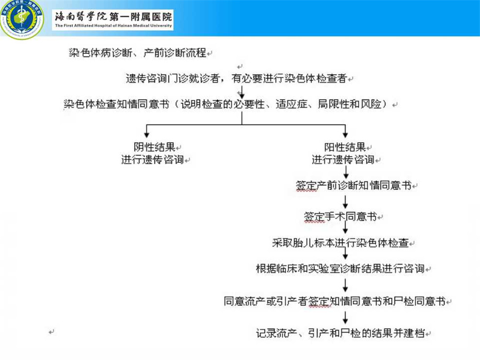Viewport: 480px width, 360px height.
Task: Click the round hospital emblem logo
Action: pyautogui.click(x=22, y=19)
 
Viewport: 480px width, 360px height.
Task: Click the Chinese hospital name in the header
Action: pyautogui.click(x=113, y=16)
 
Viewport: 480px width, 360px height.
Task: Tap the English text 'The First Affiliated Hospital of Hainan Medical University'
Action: pyautogui.click(x=113, y=25)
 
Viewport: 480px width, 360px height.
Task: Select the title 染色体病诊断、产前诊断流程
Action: pyautogui.click(x=138, y=53)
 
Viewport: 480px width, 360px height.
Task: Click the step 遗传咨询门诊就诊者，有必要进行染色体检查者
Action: pyautogui.click(x=236, y=78)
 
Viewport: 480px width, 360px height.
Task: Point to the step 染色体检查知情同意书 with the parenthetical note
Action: pyautogui.click(x=226, y=104)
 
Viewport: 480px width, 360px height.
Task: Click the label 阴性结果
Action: pyautogui.click(x=154, y=147)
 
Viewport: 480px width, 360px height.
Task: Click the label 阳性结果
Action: pyautogui.click(x=345, y=147)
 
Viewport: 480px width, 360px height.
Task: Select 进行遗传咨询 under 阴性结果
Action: pyautogui.click(x=152, y=160)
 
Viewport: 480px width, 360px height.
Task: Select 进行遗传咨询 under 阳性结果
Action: pyautogui.click(x=343, y=160)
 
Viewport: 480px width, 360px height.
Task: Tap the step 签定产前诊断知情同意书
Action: pyautogui.click(x=354, y=185)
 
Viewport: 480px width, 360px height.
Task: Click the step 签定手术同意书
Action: pyautogui.click(x=340, y=216)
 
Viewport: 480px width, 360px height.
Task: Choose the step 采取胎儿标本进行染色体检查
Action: pyautogui.click(x=340, y=243)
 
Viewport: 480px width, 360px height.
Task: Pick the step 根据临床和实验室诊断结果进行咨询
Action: pyautogui.click(x=340, y=268)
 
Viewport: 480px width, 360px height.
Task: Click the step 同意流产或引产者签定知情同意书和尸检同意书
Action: pyautogui.click(x=335, y=301)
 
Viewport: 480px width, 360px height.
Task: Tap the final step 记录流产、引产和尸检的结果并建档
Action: pyautogui.click(x=340, y=333)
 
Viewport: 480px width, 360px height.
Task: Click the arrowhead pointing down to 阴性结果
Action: pyautogui.click(x=146, y=135)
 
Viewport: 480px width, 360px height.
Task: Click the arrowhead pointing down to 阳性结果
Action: pyautogui.click(x=345, y=135)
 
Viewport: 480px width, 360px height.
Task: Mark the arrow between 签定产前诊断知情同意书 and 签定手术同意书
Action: pyautogui.click(x=345, y=202)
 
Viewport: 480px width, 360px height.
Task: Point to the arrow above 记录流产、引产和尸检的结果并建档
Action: pyautogui.click(x=345, y=317)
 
